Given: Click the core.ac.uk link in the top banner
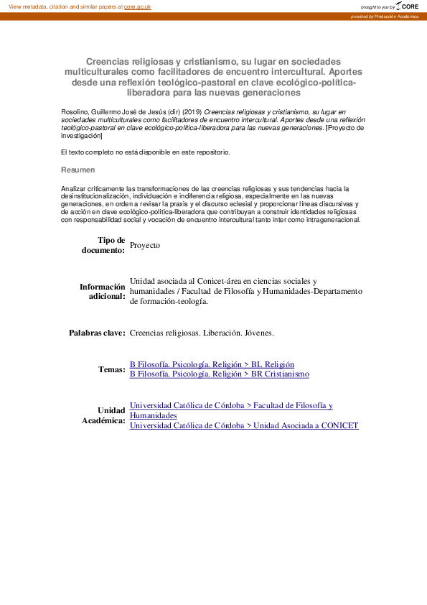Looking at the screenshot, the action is point(139,6).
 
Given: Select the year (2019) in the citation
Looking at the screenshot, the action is point(192,113).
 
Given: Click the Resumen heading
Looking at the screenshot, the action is point(77,170).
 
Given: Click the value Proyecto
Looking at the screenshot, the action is point(145,245).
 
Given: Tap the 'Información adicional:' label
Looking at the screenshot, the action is point(102,291).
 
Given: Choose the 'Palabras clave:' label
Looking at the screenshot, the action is point(97,333).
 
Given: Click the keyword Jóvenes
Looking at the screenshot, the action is point(259,333).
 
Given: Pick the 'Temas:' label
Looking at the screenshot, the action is point(112,369).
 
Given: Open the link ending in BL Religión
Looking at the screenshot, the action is point(212,364).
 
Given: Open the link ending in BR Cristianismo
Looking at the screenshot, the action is point(219,374).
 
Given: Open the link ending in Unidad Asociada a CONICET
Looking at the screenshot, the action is point(243,425).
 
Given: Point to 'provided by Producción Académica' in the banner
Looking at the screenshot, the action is point(388,16).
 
